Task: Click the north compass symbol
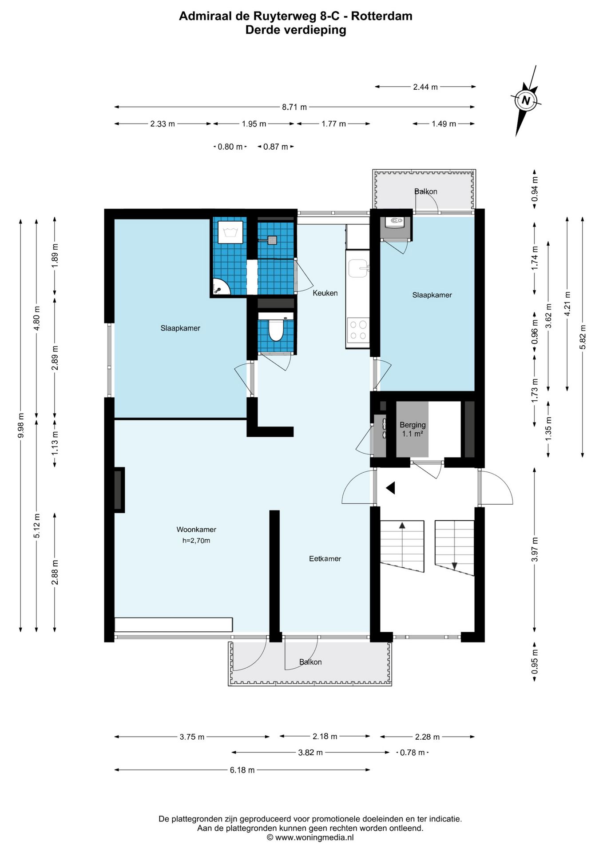[x=527, y=100]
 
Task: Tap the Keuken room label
[x=325, y=293]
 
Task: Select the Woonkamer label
[x=196, y=530]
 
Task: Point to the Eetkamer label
[x=325, y=559]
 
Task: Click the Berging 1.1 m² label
[x=413, y=429]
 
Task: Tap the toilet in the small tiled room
[x=276, y=328]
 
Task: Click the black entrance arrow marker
[x=391, y=488]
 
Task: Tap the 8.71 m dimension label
[x=294, y=107]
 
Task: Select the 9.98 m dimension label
[x=21, y=425]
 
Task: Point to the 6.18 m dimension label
[x=242, y=770]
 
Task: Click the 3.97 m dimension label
[x=535, y=550]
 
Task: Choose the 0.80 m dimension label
[x=230, y=147]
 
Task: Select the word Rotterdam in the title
[x=382, y=16]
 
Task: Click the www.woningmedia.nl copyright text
[x=310, y=837]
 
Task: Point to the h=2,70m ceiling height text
[x=196, y=541]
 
